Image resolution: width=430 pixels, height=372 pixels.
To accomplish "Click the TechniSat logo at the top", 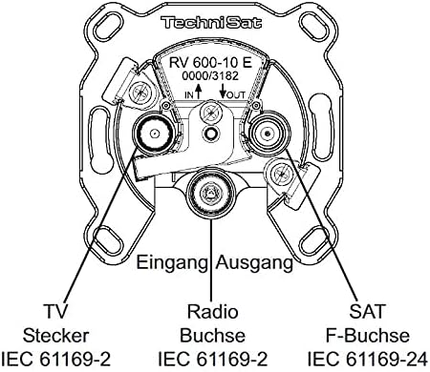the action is (x=211, y=23).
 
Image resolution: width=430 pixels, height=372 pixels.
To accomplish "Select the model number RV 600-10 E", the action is (x=210, y=62).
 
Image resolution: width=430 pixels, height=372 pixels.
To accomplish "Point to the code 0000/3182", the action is (x=210, y=76).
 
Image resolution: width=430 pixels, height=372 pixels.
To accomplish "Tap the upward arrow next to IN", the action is (x=199, y=91).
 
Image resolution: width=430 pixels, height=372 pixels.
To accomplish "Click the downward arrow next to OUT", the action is (x=223, y=91).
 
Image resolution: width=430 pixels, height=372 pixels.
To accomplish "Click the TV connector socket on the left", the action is (x=155, y=134).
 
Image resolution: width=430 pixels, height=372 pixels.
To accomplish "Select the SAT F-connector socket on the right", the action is (x=269, y=133).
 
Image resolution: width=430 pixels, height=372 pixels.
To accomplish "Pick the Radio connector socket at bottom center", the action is (x=210, y=193).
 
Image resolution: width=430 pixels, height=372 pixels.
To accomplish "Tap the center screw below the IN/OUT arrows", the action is (x=210, y=113).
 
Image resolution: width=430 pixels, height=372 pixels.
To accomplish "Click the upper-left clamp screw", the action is (x=140, y=92).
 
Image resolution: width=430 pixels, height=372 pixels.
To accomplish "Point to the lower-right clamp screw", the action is (x=281, y=174).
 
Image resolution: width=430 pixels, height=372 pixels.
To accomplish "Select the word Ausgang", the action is (x=254, y=263).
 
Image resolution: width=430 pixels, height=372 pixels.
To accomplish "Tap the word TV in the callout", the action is (x=55, y=311).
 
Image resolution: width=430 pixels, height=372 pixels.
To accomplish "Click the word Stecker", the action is (x=55, y=336).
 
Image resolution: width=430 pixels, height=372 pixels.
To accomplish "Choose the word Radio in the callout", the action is (x=212, y=311).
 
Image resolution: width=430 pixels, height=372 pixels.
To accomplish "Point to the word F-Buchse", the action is (x=367, y=336).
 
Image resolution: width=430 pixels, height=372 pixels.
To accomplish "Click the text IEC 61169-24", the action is (x=367, y=360).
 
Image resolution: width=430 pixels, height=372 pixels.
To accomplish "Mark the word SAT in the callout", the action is (x=367, y=311).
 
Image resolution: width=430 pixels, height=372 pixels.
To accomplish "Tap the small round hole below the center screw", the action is (x=210, y=133).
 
